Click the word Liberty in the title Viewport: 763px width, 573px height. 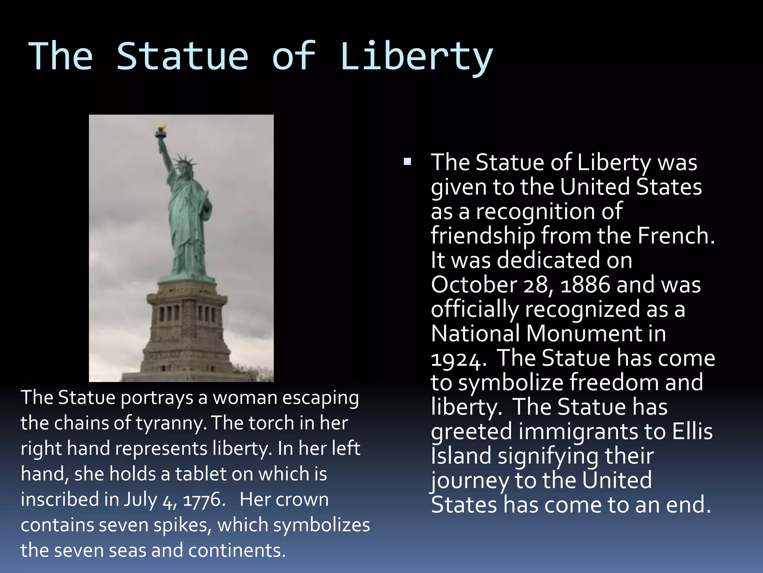[x=416, y=57]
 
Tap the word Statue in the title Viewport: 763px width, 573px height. [x=182, y=57]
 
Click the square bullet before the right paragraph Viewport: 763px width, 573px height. [x=407, y=162]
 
